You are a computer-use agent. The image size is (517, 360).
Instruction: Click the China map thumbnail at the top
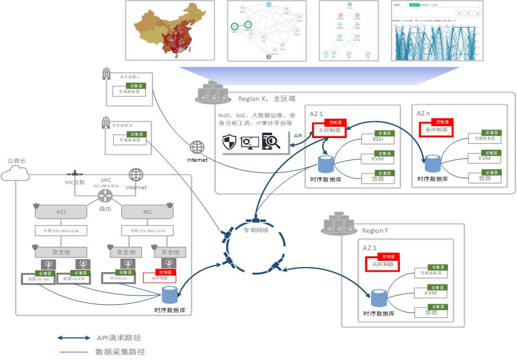[x=170, y=30]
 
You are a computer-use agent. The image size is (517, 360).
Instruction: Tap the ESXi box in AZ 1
[x=377, y=139]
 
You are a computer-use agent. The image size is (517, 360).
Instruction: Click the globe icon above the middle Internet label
[x=197, y=148]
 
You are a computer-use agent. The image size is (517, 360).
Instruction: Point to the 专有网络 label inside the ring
[x=256, y=230]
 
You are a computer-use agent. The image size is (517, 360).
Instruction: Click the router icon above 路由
[x=105, y=196]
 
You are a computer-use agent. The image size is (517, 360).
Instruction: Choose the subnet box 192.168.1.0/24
[x=148, y=230]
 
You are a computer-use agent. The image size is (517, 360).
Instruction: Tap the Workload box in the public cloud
[x=118, y=278]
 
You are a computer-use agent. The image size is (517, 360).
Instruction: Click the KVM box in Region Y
[x=431, y=293]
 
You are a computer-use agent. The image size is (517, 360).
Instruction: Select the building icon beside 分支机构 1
[x=105, y=74]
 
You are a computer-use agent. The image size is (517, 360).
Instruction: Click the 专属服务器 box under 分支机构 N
[x=129, y=140]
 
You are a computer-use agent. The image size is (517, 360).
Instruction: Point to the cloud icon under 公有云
[x=16, y=174]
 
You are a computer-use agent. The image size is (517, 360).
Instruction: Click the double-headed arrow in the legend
[x=73, y=338]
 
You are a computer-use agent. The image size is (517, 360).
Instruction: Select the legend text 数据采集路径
[x=120, y=352]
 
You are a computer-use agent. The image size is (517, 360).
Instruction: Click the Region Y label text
[x=375, y=230]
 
